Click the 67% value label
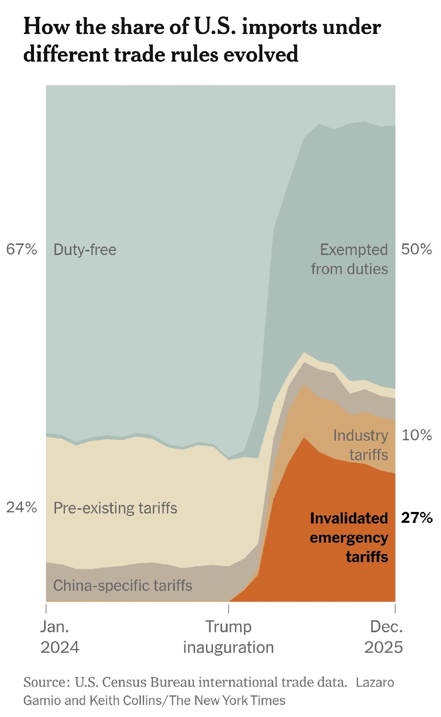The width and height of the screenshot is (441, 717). [x=22, y=249]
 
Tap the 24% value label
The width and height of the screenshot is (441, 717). [x=22, y=507]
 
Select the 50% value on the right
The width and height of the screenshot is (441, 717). [x=417, y=249]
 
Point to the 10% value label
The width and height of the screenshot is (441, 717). [x=417, y=435]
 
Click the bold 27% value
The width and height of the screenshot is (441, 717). [x=417, y=518]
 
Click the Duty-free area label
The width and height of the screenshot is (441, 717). [x=85, y=249]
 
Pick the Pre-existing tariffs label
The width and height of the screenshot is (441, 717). [x=115, y=508]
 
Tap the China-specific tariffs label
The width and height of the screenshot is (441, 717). [x=123, y=586]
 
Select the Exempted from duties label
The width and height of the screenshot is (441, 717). [x=350, y=259]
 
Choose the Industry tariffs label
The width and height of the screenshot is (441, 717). [x=361, y=445]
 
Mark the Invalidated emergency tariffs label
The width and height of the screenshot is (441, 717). [x=349, y=537]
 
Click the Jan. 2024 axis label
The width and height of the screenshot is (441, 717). [x=59, y=637]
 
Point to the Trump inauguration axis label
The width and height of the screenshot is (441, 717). [x=228, y=637]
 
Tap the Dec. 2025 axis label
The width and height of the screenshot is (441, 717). [x=385, y=637]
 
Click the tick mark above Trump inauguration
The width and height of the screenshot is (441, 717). [x=228, y=609]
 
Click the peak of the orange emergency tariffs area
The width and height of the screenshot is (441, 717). [x=305, y=438]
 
